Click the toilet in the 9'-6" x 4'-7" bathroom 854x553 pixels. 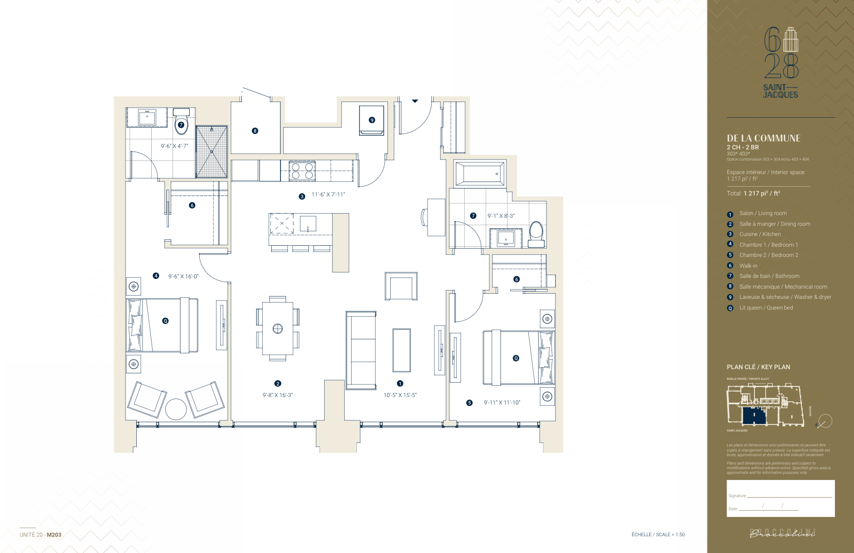coord(181,122)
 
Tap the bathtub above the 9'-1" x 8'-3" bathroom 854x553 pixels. coord(480,174)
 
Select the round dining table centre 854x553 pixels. coord(278,329)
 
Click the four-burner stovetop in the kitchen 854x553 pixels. coord(302,171)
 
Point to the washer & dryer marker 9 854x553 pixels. coord(372,120)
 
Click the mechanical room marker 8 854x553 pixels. coord(255,131)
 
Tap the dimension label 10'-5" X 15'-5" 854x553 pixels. coord(400,395)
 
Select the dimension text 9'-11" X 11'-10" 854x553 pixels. coord(502,403)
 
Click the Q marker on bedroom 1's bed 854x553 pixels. coord(165,321)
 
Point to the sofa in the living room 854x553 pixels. coord(361,350)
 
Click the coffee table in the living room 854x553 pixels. coord(401,350)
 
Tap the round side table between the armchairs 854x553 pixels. coord(176,409)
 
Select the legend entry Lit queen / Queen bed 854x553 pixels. coord(766,308)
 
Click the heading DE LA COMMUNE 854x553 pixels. coord(763,138)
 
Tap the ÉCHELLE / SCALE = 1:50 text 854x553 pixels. coord(658,534)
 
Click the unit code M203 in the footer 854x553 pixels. coord(54,535)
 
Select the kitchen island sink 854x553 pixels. coord(308,223)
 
